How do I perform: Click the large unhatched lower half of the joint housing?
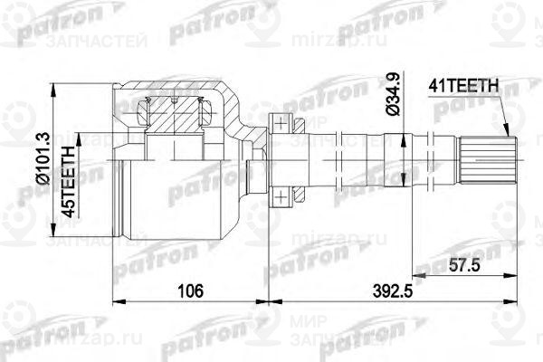tap(172, 195)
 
